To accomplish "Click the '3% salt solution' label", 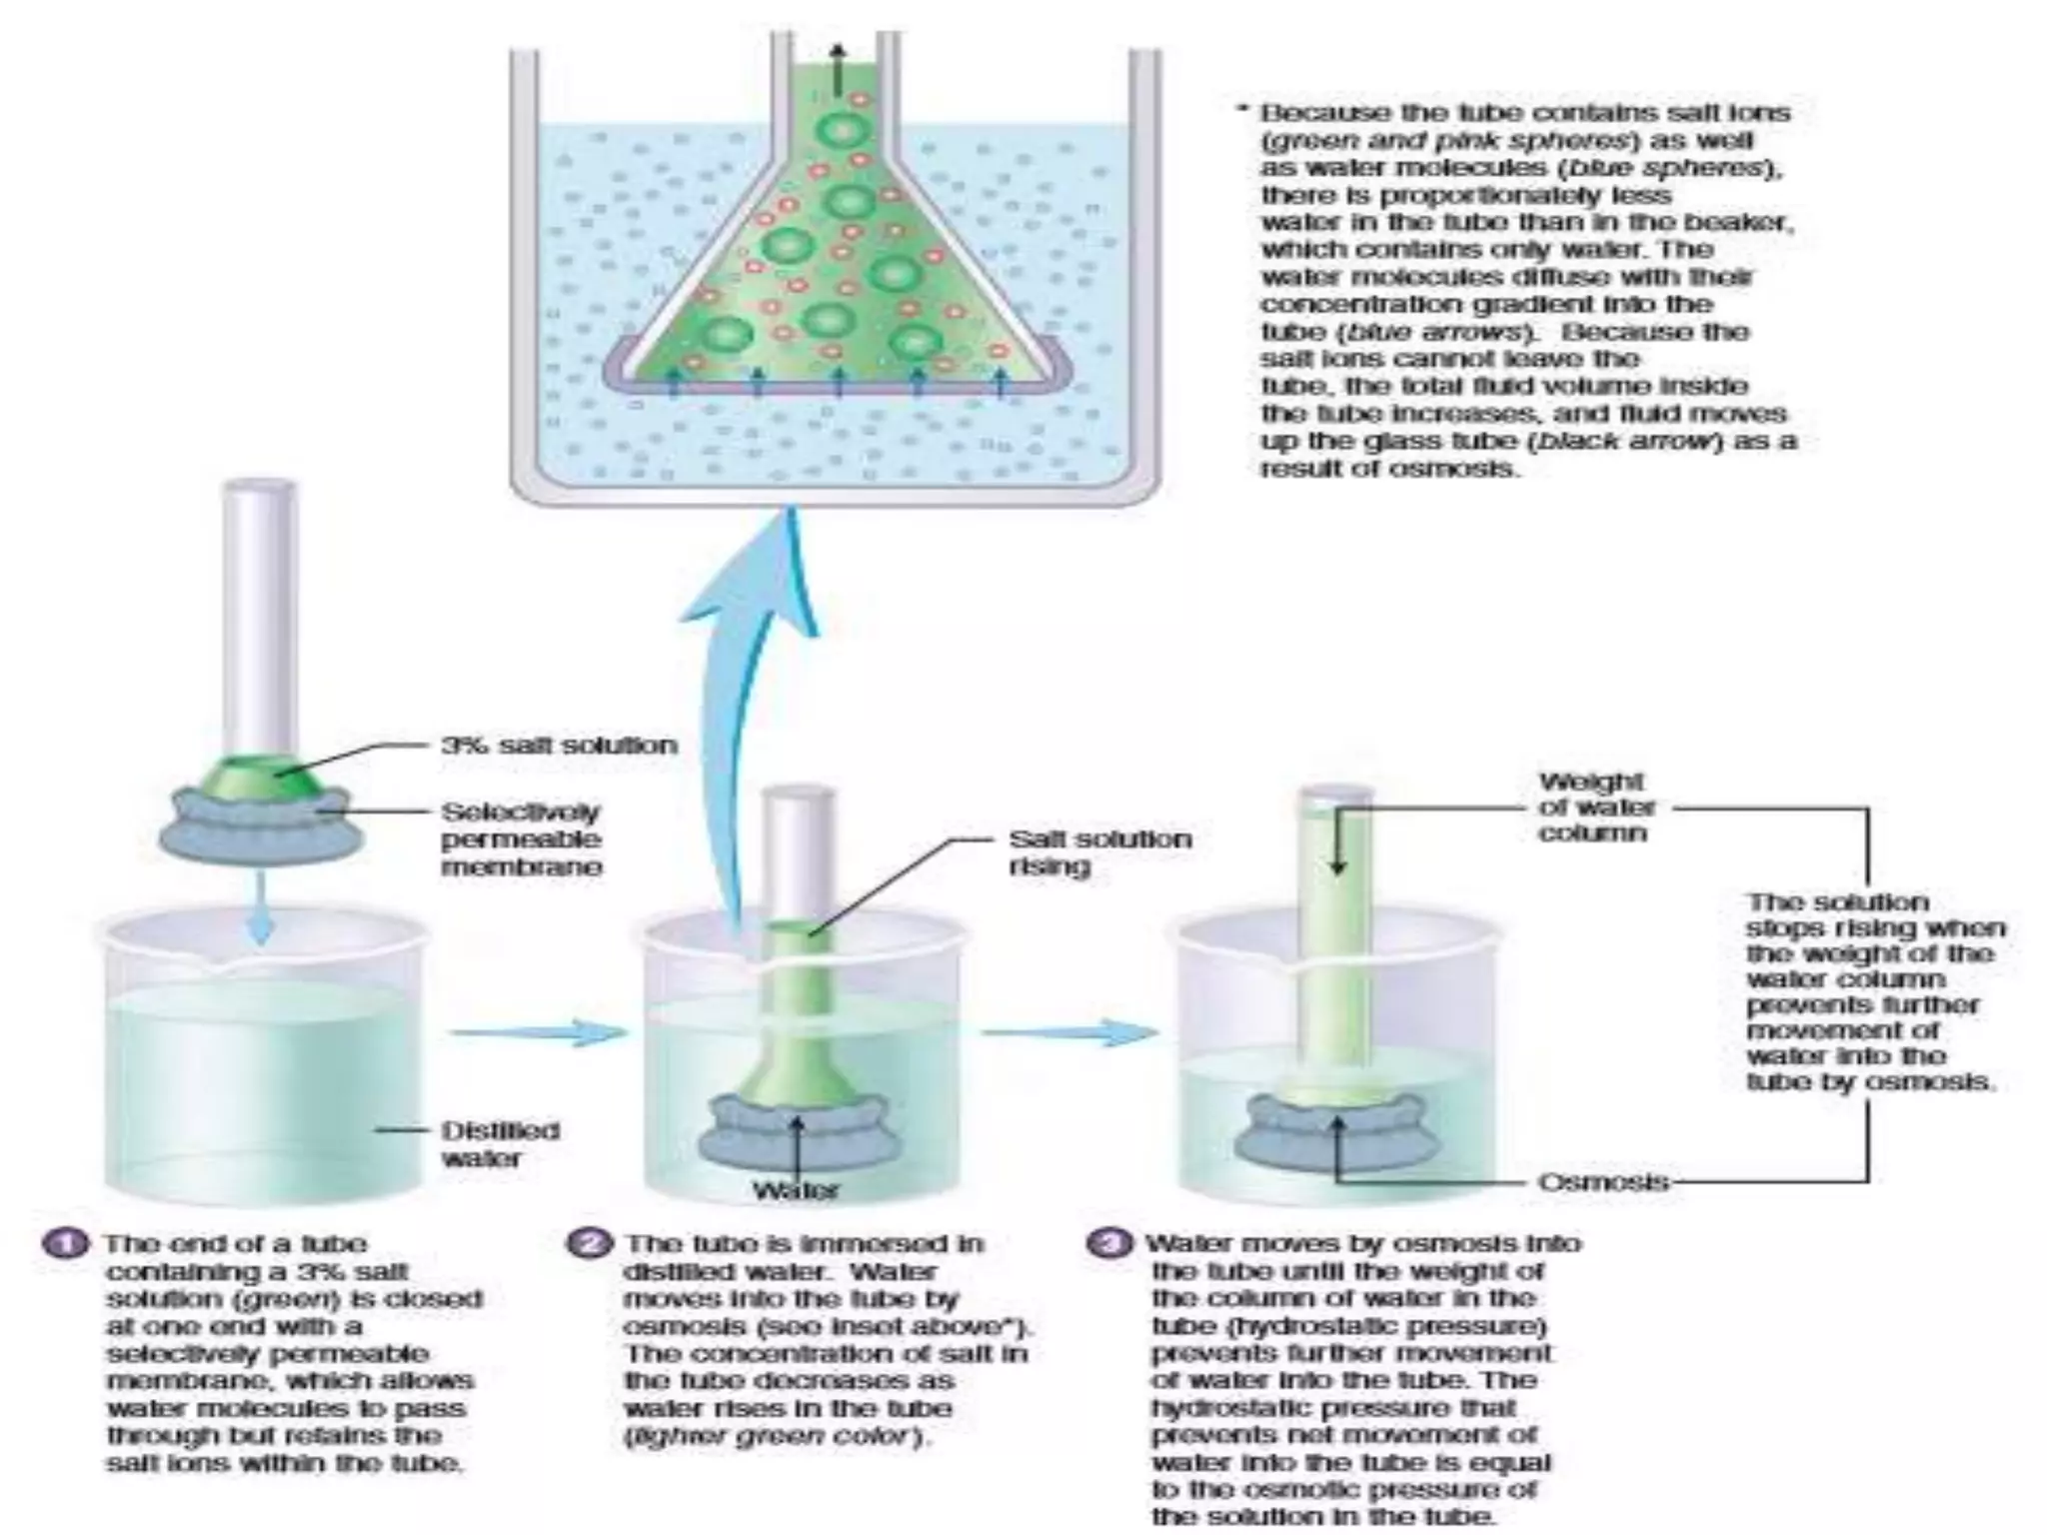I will [559, 746].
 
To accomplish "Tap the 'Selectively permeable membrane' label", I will [521, 839].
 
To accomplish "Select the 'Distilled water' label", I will [500, 1144].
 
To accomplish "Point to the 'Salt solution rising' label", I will [1099, 851].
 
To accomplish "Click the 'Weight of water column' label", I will [1596, 806].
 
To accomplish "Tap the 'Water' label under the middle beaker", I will [796, 1190].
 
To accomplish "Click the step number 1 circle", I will [66, 1244].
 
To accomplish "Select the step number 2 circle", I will [591, 1244].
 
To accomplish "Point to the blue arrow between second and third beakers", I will [1069, 1032].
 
